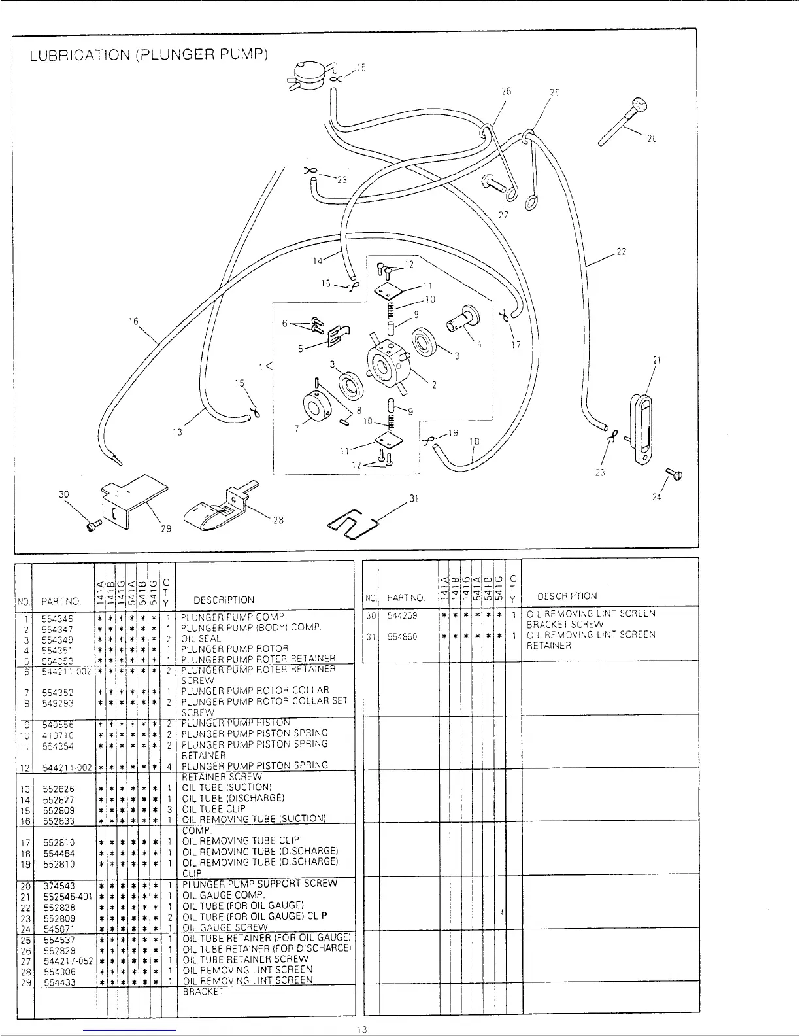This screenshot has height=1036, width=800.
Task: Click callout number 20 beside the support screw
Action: pos(651,139)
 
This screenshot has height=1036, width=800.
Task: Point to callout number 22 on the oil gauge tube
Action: pos(622,252)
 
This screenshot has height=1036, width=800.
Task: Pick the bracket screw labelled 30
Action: pos(93,524)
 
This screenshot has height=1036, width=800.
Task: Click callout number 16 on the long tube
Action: pos(134,321)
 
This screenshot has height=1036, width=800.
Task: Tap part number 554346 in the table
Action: pos(58,618)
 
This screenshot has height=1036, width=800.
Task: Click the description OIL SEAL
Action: pos(201,639)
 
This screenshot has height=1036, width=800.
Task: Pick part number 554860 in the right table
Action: pos(403,637)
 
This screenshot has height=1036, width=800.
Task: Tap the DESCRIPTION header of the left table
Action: pos(224,600)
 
